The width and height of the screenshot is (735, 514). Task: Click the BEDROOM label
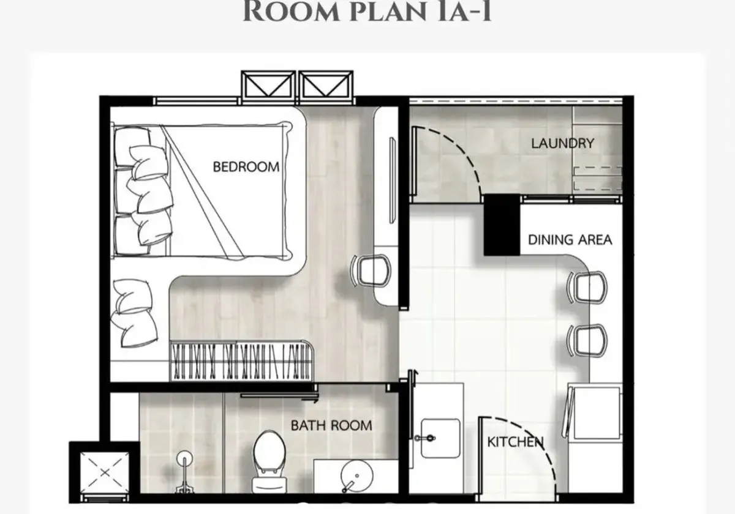[x=246, y=167]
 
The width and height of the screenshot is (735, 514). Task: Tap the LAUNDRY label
[x=562, y=143]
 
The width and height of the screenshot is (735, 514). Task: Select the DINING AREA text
[x=570, y=240]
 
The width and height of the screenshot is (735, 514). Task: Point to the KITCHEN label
[x=515, y=442]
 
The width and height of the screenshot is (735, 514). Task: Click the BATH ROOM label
[x=331, y=425]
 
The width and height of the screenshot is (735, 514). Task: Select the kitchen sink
[x=440, y=438]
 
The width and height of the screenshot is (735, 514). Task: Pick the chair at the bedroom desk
[x=371, y=270]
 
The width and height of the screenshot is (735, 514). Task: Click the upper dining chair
[x=587, y=288]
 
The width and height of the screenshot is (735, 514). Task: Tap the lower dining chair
[x=587, y=341]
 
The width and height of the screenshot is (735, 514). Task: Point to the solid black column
[x=502, y=225]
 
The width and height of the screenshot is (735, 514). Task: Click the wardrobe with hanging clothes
[x=241, y=360]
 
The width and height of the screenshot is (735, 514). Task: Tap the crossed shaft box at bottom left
[x=105, y=472]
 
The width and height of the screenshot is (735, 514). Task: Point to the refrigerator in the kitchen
[x=595, y=412]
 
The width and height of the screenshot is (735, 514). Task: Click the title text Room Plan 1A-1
[x=367, y=12]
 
